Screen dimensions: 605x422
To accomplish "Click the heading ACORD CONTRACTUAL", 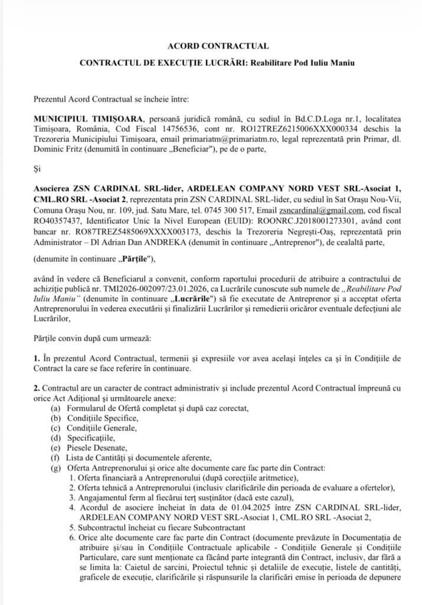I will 211,45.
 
